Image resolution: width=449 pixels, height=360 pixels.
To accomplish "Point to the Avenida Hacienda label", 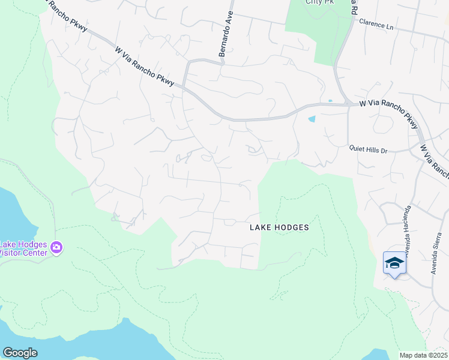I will [x=408, y=230].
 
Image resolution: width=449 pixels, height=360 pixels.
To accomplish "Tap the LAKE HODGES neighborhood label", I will [x=279, y=227].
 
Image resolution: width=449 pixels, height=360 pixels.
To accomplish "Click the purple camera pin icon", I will [x=56, y=247].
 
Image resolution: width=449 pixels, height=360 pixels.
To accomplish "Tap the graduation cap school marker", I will [x=394, y=263].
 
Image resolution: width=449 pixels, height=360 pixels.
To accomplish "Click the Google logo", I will [x=20, y=353].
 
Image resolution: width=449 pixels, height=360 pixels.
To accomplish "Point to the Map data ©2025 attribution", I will [x=423, y=355].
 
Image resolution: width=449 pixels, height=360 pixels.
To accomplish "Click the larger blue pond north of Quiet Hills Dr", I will [x=312, y=119].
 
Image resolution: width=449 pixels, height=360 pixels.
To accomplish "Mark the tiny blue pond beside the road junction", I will [x=330, y=100].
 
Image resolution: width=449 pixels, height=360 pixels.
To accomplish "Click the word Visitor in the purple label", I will [x=10, y=253].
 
